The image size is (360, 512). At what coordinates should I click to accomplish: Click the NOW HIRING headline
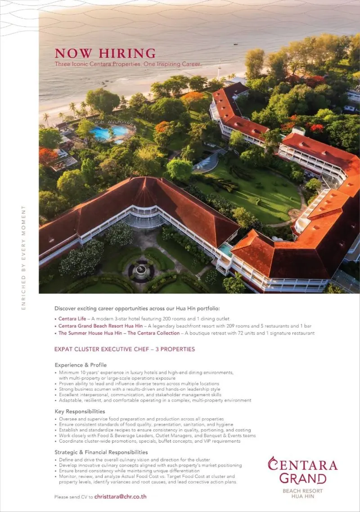[x=105, y=53]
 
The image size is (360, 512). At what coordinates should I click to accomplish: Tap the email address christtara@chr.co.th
[x=121, y=497]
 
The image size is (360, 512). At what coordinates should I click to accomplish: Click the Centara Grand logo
[x=302, y=470]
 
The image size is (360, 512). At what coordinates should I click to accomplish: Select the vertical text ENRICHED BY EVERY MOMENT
[x=23, y=258]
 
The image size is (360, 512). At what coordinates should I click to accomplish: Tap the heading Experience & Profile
[x=81, y=365]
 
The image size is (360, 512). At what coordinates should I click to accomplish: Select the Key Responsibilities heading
[x=80, y=411]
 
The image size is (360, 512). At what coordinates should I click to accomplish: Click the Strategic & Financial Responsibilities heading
[x=101, y=452]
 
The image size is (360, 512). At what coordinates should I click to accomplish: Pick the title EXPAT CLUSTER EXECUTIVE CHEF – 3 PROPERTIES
[x=125, y=349]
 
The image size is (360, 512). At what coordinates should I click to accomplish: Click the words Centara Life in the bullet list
[x=72, y=319]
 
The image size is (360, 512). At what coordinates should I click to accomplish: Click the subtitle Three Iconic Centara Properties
[x=128, y=64]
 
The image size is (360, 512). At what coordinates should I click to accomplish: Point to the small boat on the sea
[x=235, y=44]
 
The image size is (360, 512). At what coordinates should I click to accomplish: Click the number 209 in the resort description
[x=224, y=326]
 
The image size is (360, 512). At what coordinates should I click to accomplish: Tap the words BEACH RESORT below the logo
[x=302, y=491]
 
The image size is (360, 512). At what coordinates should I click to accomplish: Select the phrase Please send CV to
[x=73, y=497]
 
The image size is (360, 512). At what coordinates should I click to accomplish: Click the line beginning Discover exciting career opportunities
[x=137, y=308]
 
